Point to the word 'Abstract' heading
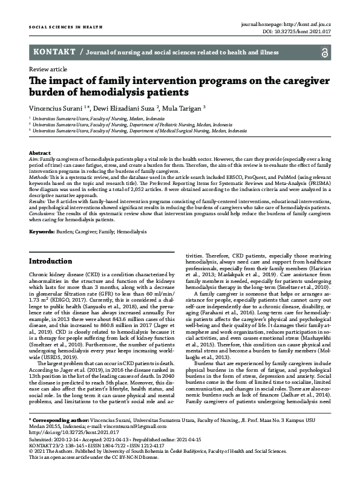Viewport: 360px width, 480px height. tap(40, 154)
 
